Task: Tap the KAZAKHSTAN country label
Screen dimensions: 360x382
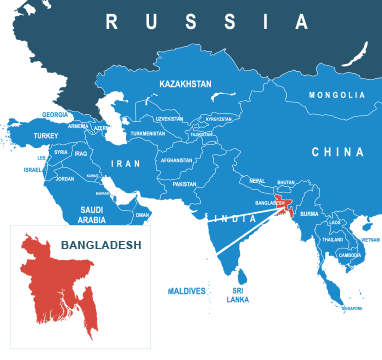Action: (x=185, y=85)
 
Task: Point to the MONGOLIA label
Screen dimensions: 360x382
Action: (x=337, y=95)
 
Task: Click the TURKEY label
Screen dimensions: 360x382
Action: (x=46, y=135)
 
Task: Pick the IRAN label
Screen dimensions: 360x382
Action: (x=126, y=163)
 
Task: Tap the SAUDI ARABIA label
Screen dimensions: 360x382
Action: (x=92, y=214)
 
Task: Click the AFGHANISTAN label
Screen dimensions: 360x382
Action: (x=176, y=160)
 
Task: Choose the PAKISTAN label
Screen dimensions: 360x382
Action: (x=184, y=184)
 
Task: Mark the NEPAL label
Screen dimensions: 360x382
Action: (x=257, y=181)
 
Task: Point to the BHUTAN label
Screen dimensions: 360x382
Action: (x=286, y=182)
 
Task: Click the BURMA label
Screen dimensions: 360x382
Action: (x=309, y=214)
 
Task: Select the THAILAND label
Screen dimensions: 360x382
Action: (x=332, y=240)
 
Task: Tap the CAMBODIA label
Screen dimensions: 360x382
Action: (x=350, y=255)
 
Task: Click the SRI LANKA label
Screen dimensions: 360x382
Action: (x=238, y=295)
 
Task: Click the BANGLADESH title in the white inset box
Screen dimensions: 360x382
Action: (x=101, y=243)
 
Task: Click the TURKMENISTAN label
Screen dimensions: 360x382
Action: (x=147, y=133)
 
